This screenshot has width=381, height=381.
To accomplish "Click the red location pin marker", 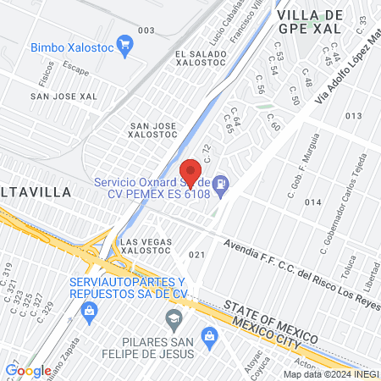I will [191, 172].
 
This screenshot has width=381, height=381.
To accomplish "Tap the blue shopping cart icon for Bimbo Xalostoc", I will [126, 45].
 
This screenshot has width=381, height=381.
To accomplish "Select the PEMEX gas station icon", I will [221, 183].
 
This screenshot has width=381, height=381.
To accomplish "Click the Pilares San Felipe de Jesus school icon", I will [174, 318].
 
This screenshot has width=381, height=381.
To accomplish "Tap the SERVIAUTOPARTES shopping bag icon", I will [88, 312].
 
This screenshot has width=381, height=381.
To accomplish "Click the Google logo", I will [28, 370].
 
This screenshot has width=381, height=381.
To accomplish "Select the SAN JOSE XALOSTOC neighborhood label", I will [152, 131].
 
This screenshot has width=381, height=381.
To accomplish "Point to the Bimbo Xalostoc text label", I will [71, 46].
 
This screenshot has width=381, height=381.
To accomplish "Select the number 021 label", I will [198, 255].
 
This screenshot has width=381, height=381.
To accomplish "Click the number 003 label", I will [146, 30].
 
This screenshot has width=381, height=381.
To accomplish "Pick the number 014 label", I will [313, 202].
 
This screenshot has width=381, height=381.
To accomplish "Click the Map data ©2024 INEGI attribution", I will [330, 374].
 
